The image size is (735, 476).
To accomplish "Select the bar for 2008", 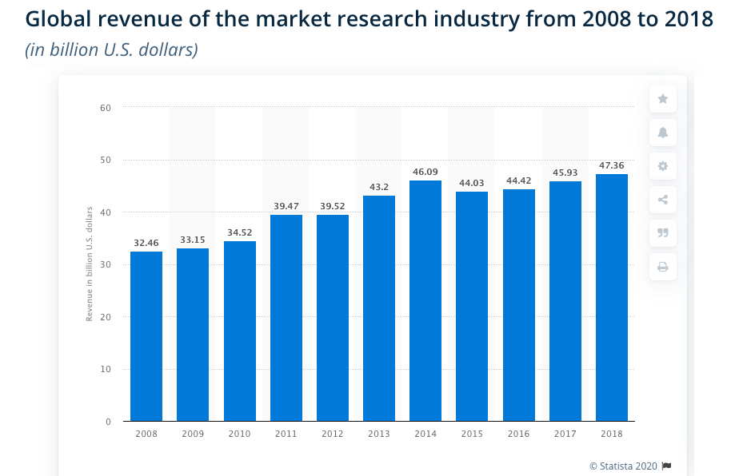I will (x=146, y=336).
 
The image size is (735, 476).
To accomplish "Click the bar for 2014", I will (x=425, y=300).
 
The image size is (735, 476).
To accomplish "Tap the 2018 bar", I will (x=612, y=297).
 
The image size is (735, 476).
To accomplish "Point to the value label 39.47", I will (x=286, y=206).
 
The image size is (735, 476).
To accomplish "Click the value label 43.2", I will (x=378, y=187).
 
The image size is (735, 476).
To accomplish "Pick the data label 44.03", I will (x=472, y=183).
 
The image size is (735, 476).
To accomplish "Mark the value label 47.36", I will (x=612, y=165).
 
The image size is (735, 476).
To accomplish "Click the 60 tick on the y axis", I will (x=106, y=107).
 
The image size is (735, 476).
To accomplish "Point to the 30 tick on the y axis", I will (x=106, y=264).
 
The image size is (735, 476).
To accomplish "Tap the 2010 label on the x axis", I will (x=239, y=434).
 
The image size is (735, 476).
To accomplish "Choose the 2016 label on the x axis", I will (x=518, y=434).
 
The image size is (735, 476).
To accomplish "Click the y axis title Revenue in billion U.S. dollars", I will (x=90, y=264).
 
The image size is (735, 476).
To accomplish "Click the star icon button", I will (x=663, y=99).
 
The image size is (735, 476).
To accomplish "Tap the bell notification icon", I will (x=663, y=133).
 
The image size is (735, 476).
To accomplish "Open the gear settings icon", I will (x=663, y=166).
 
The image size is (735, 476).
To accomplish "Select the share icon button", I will (x=663, y=200).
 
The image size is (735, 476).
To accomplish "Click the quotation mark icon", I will (x=663, y=233).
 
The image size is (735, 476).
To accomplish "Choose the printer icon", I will (x=663, y=267).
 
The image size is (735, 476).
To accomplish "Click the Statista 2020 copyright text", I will (x=624, y=466).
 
